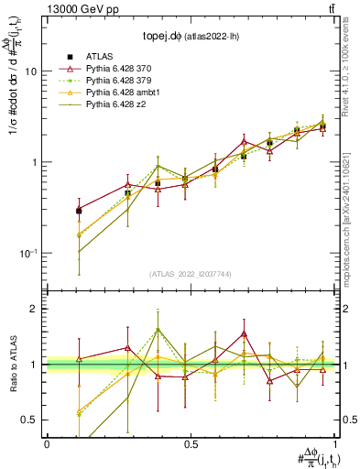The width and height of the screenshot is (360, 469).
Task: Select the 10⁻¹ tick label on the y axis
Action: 30,253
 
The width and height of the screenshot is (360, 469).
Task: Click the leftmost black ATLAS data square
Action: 79,211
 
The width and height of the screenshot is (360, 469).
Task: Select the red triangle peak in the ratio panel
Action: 245,334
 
